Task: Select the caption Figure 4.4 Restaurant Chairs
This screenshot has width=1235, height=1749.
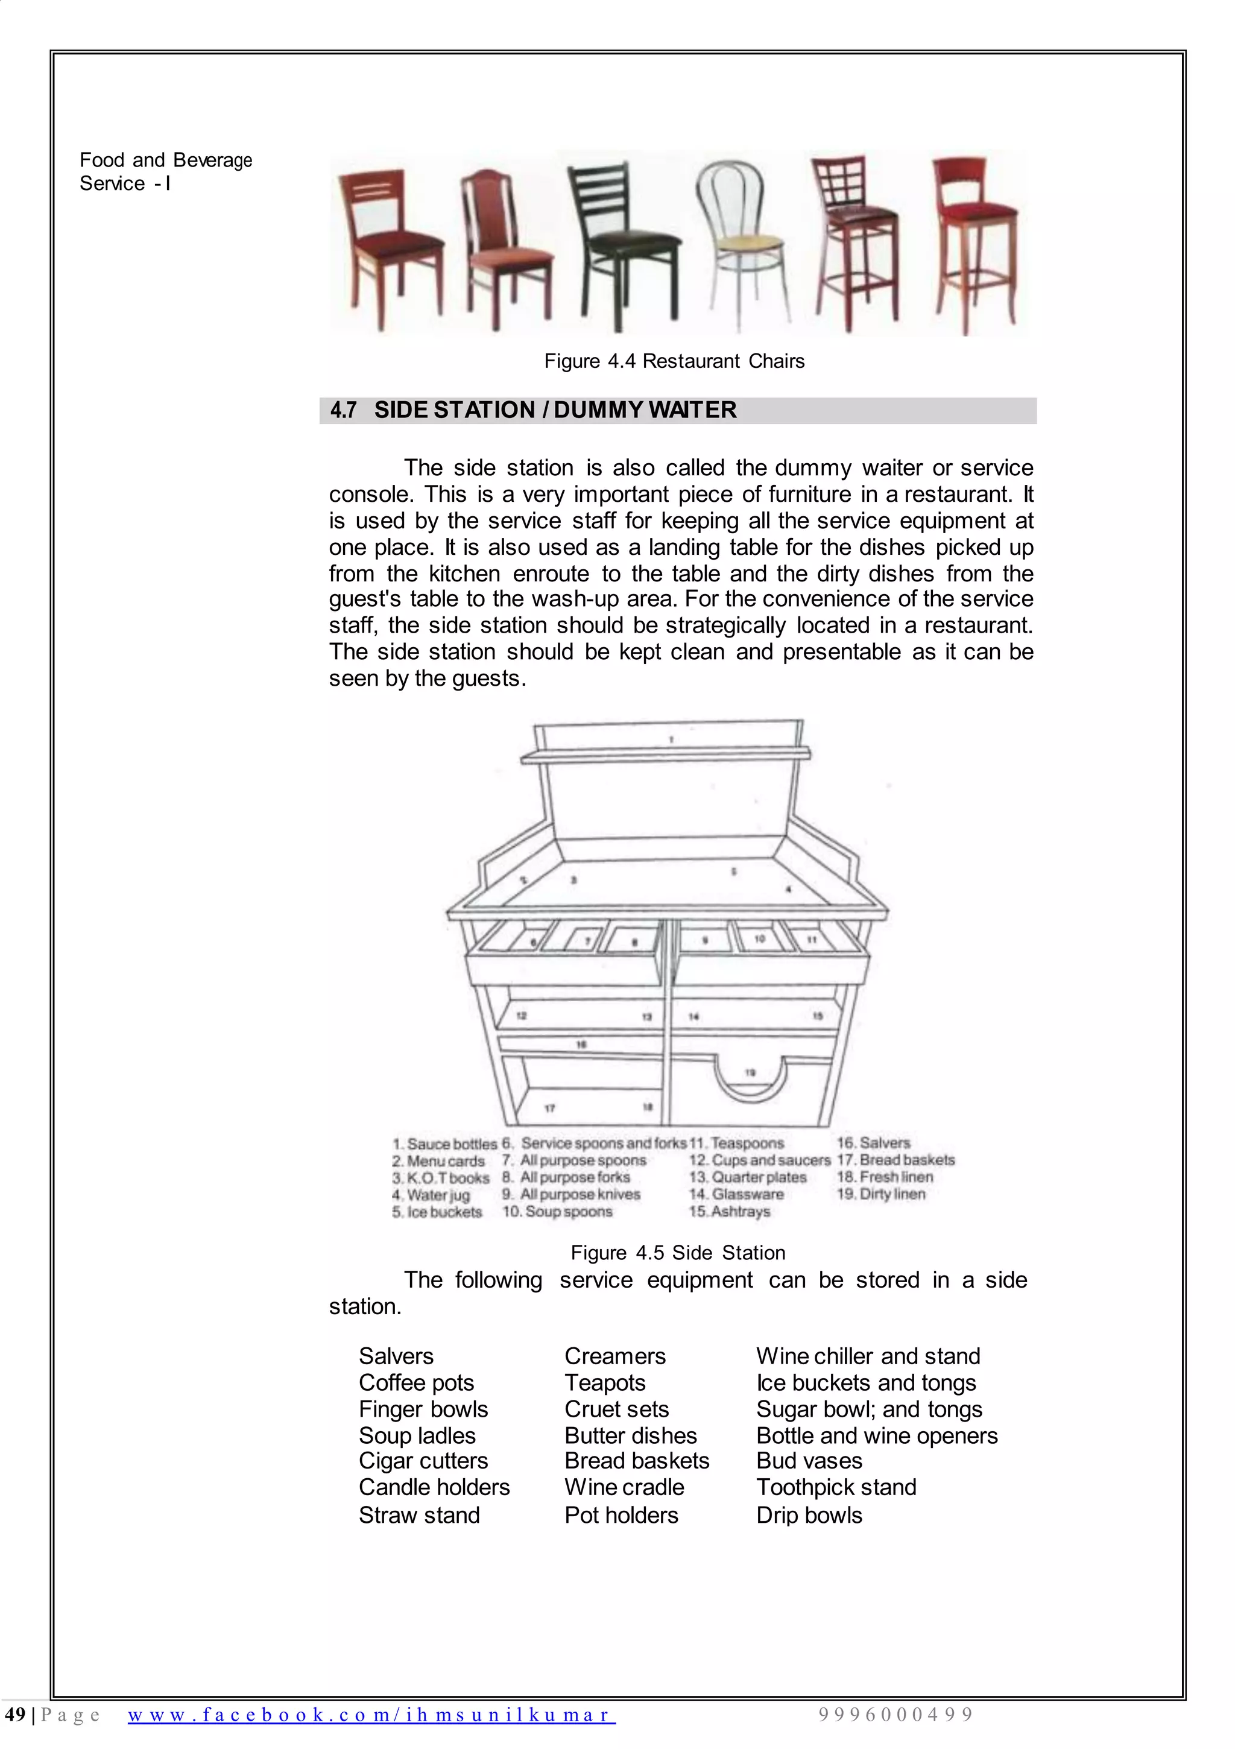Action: [x=674, y=361]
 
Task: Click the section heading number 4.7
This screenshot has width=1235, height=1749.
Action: [x=343, y=411]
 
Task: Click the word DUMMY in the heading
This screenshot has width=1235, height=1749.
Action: [x=596, y=411]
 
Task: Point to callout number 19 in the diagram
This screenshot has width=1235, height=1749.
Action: [x=750, y=1072]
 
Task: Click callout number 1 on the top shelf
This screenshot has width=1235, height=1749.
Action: [x=671, y=739]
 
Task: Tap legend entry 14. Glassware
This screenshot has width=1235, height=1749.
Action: [x=736, y=1194]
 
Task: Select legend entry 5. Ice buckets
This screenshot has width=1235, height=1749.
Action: [x=437, y=1212]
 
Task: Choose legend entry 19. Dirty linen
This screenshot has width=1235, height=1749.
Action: [x=881, y=1194]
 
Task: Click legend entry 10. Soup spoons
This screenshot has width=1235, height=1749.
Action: [x=557, y=1212]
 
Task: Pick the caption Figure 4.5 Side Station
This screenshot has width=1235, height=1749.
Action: [x=677, y=1253]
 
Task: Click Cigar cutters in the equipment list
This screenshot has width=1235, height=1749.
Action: [x=423, y=1461]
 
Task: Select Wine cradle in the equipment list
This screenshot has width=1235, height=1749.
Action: [x=624, y=1487]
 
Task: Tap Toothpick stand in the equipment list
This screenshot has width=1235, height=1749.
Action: [x=836, y=1487]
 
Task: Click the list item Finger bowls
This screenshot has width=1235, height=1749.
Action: [x=423, y=1409]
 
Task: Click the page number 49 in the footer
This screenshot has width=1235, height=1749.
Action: [x=14, y=1715]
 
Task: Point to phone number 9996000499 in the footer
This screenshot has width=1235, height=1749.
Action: [x=895, y=1715]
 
